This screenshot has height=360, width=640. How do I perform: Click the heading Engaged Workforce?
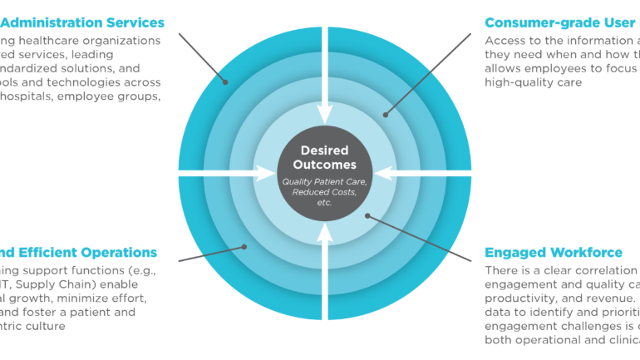click(x=553, y=252)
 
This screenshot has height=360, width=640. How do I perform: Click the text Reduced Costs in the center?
click(x=318, y=192)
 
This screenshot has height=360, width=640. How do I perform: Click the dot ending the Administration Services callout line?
click(x=224, y=81)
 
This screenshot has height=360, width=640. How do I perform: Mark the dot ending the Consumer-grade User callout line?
click(x=385, y=115)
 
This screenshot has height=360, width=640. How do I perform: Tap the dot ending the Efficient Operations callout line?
click(x=244, y=245)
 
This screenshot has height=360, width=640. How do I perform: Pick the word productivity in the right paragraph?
click(x=520, y=298)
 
